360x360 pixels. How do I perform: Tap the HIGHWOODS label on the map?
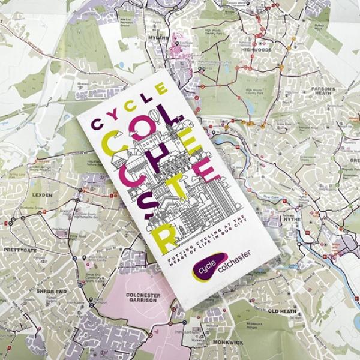(x=254, y=50)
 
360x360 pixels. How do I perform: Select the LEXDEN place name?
(x=43, y=195)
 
